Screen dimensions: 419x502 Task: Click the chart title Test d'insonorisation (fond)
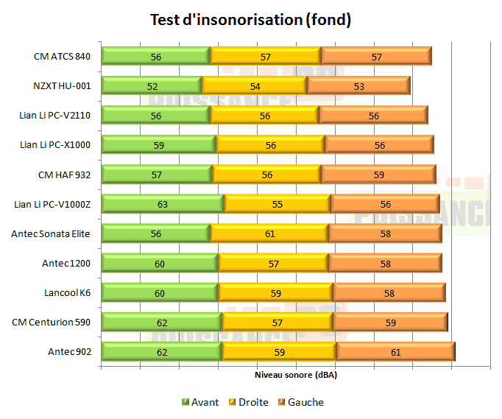coord(250,20)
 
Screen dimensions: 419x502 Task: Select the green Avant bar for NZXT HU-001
coord(151,85)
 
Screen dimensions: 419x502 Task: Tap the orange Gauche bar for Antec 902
coord(395,352)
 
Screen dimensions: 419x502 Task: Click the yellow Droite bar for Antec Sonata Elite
coord(269,233)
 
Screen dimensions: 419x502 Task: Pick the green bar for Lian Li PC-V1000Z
coord(162,204)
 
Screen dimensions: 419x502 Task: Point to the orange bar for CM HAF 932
coord(378,175)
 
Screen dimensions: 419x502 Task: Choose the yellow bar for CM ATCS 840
coord(265,56)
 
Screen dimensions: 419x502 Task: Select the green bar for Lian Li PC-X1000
coord(158,145)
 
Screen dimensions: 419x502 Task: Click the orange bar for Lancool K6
coord(389,293)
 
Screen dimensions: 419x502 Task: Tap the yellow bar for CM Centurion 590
coord(277,323)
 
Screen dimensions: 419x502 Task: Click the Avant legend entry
coord(200,402)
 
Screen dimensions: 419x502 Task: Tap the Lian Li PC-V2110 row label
coord(55,115)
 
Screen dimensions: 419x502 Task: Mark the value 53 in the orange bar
coord(359,86)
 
